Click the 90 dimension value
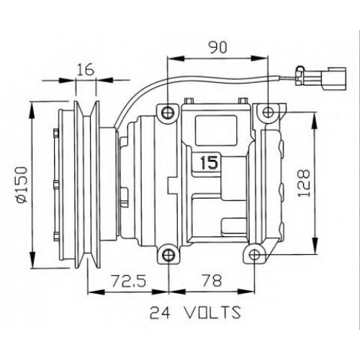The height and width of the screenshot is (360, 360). click(x=217, y=48)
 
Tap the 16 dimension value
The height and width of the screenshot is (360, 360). click(x=86, y=70)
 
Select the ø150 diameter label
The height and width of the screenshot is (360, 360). click(x=22, y=184)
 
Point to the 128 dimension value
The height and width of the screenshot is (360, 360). click(x=304, y=183)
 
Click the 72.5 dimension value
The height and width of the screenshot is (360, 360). click(x=129, y=281)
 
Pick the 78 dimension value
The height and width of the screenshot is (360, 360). click(x=212, y=281)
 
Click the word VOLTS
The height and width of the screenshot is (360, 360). click(x=212, y=312)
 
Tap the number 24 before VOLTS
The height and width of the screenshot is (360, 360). click(x=160, y=312)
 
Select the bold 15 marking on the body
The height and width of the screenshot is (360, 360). click(x=210, y=162)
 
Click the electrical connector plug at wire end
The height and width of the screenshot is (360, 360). click(x=321, y=78)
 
